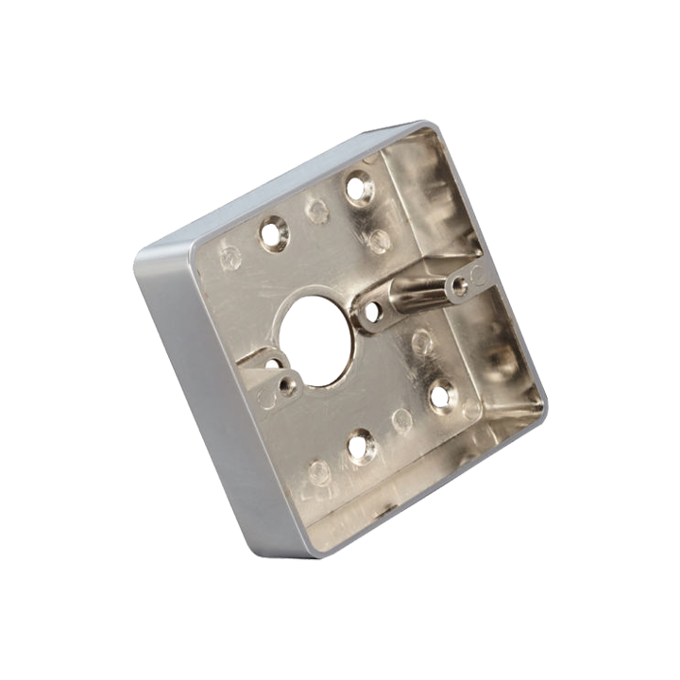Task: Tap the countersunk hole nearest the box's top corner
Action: coord(360,186)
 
